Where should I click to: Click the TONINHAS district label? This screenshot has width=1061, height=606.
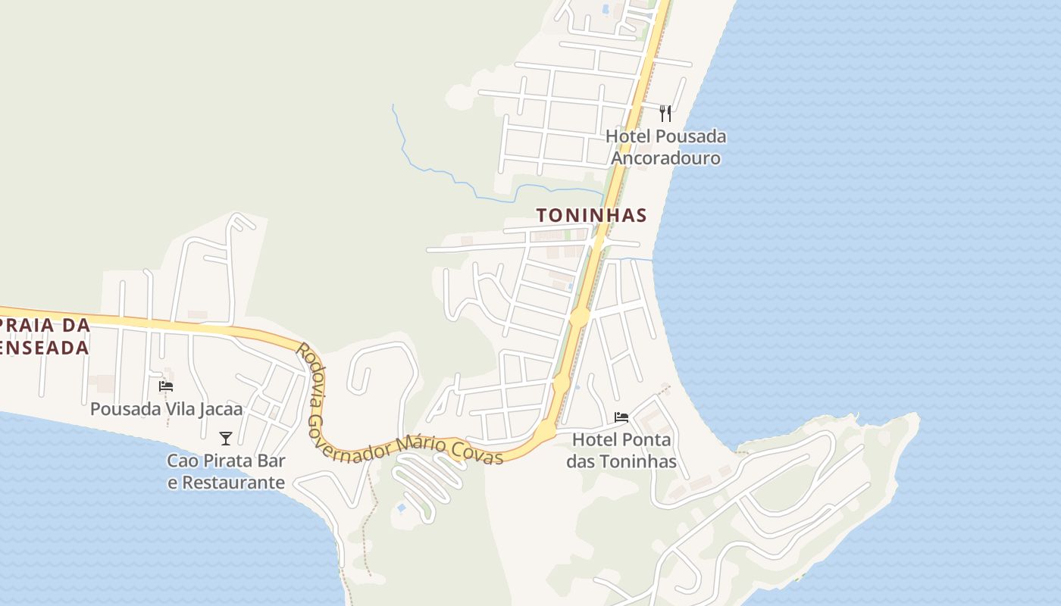[x=592, y=215]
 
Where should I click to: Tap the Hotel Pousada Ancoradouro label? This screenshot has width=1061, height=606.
[x=665, y=147]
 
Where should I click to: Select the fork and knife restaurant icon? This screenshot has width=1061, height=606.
[x=665, y=114]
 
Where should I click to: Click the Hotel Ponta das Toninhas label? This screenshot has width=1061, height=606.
[x=621, y=450]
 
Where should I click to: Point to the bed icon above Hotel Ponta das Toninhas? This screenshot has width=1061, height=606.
[x=621, y=417]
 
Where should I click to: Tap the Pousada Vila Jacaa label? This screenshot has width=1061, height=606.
[x=167, y=409]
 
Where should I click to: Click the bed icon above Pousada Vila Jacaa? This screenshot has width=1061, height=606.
[x=166, y=386]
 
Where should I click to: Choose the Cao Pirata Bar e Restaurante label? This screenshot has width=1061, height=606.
[x=226, y=471]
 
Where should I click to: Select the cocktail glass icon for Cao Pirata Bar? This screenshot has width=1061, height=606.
[x=225, y=439]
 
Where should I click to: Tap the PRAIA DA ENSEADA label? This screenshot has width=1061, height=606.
[x=45, y=336]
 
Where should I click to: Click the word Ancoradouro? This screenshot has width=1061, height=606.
[x=665, y=158]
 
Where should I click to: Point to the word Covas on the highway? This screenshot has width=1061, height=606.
[x=477, y=453]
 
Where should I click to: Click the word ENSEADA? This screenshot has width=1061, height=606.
[x=45, y=348]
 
